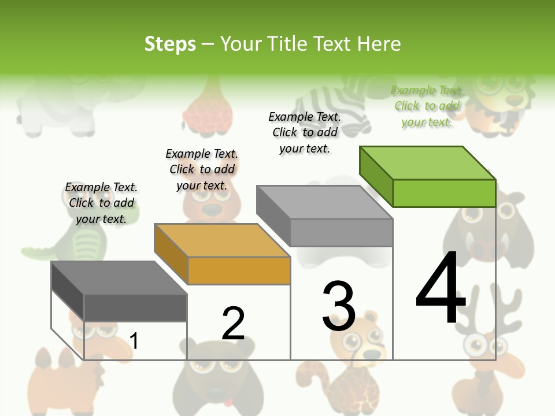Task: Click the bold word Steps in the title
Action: click(x=170, y=44)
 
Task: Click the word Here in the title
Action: click(x=379, y=44)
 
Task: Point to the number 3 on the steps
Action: click(x=339, y=306)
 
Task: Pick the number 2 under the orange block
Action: click(x=233, y=323)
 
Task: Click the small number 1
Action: click(x=134, y=341)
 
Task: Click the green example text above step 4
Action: click(x=427, y=106)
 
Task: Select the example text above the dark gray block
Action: click(x=101, y=203)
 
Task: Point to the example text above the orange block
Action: click(x=202, y=169)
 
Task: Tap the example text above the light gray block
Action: click(x=305, y=132)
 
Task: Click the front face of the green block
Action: click(x=444, y=193)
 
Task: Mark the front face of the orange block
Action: click(x=239, y=270)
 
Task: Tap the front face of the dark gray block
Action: click(x=135, y=307)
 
